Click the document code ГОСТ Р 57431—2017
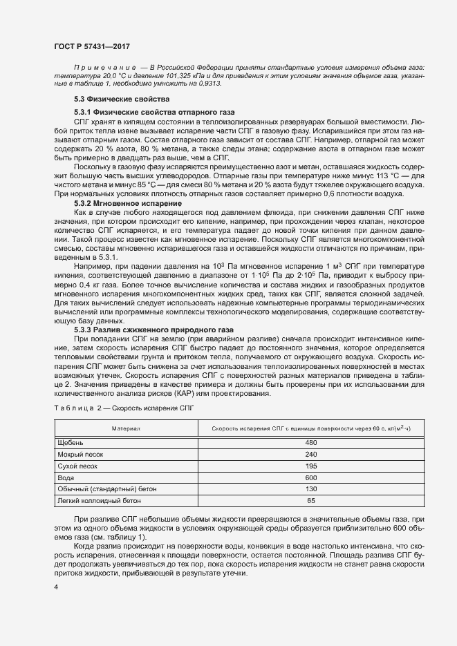point(91,46)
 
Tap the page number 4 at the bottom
point(56,587)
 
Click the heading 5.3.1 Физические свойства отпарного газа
point(153,112)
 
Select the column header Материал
point(126,429)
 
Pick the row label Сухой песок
point(77,466)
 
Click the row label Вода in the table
point(66,477)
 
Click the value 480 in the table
point(310,442)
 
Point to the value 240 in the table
point(310,454)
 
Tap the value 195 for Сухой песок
point(310,466)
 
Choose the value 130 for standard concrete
point(310,489)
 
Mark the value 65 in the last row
point(310,500)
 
